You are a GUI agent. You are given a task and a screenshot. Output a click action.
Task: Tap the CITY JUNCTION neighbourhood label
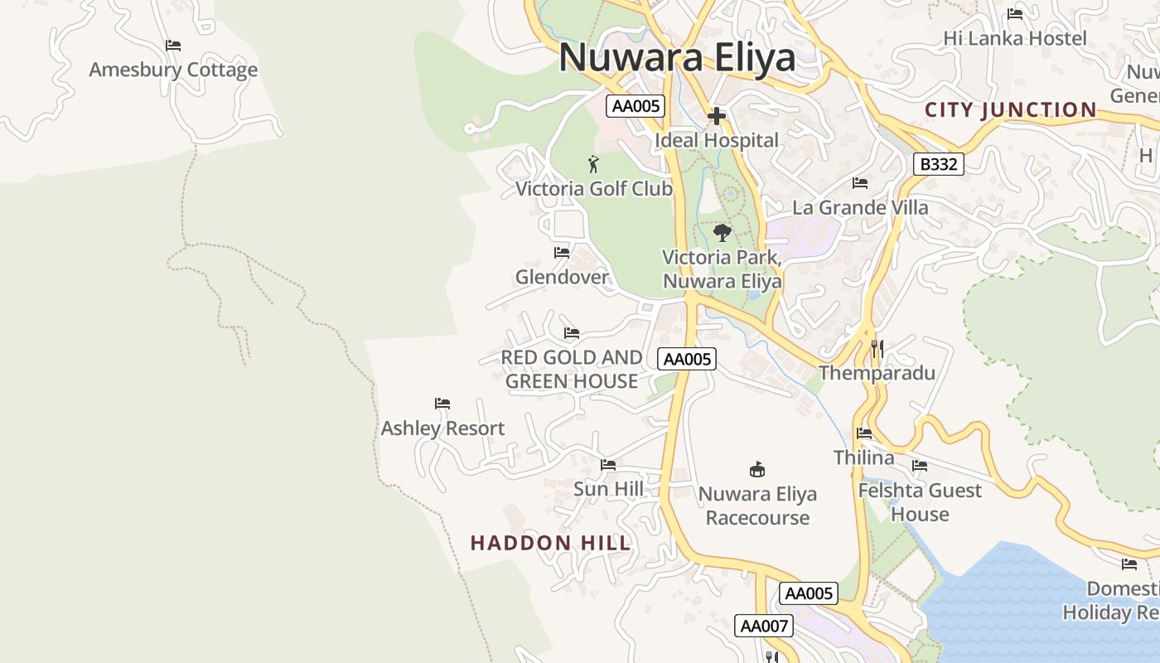click(1010, 110)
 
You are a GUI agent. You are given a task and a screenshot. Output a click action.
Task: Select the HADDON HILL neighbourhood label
click(550, 544)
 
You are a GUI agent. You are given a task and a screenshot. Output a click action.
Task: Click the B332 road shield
click(939, 164)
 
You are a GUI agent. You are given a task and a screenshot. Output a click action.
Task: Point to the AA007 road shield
click(763, 626)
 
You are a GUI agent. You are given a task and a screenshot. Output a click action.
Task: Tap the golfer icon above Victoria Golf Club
click(592, 164)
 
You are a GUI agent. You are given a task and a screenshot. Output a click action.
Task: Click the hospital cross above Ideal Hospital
click(717, 116)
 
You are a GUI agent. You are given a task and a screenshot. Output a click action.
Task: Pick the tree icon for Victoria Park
click(723, 233)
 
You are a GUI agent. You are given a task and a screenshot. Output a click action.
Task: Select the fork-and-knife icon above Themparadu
click(877, 349)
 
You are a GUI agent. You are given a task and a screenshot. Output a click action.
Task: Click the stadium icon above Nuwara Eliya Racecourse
click(756, 470)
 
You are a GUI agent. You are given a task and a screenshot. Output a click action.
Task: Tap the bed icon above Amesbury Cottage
click(173, 46)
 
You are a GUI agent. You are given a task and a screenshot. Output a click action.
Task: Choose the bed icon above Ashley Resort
click(442, 404)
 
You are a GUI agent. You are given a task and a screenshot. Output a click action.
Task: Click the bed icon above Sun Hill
click(608, 465)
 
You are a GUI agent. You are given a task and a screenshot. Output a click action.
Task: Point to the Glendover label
click(562, 277)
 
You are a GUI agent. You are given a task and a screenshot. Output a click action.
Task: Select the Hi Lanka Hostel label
click(1015, 38)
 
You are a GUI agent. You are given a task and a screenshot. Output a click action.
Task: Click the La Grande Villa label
click(860, 207)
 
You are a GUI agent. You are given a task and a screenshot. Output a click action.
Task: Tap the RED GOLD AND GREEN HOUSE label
click(572, 369)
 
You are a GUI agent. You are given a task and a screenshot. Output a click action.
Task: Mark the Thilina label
click(863, 457)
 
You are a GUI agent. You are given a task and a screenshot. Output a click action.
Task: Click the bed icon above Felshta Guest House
click(919, 467)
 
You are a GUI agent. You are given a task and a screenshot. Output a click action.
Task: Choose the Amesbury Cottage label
click(173, 70)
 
